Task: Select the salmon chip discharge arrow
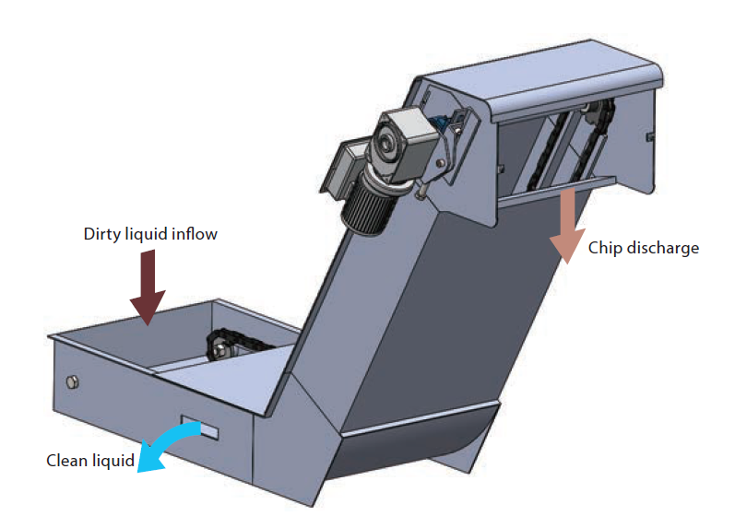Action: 568,225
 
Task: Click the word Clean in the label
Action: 66,461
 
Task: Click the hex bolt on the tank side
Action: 72,382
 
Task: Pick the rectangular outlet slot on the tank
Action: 200,427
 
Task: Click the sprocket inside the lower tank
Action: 219,347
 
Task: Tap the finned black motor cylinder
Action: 365,208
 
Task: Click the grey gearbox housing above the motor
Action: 402,143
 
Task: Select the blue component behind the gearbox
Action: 441,123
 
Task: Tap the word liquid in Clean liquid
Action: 113,462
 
